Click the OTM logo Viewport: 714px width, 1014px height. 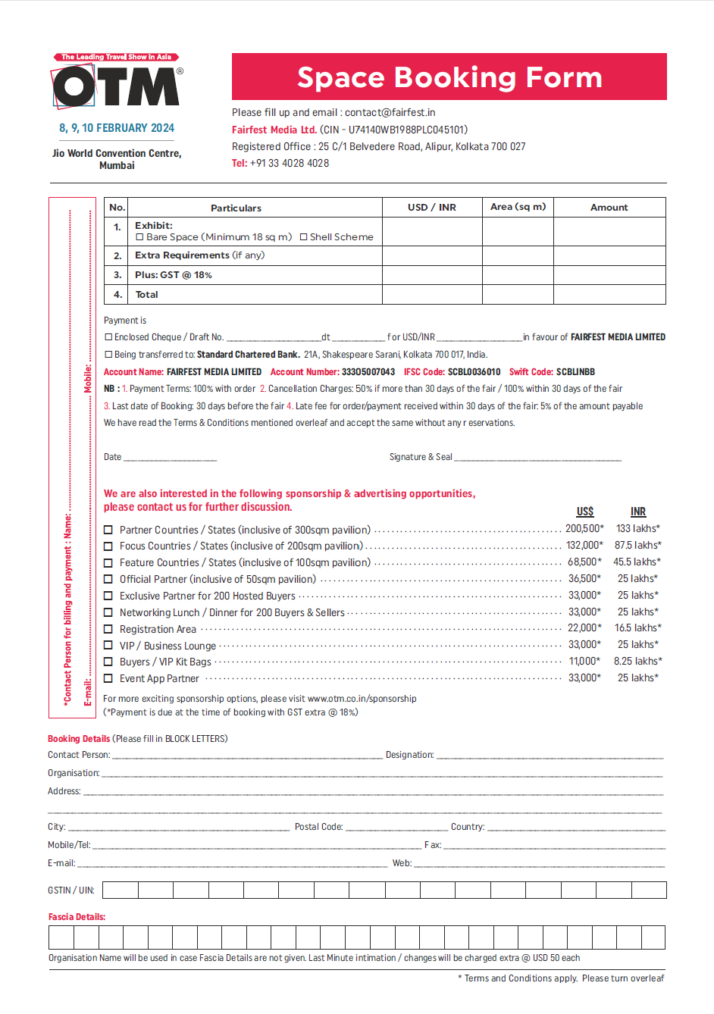coord(117,84)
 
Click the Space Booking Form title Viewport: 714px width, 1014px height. coord(449,77)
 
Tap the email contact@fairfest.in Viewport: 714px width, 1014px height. coord(390,112)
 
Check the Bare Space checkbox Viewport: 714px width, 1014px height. coord(139,237)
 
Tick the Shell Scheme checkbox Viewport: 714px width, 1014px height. coord(303,237)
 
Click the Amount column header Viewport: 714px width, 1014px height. coord(609,208)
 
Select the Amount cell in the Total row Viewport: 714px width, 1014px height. coord(609,295)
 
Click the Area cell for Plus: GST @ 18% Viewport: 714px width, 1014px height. coord(518,275)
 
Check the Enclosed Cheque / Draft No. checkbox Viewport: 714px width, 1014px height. coord(108,337)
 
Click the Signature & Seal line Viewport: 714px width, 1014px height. coord(537,458)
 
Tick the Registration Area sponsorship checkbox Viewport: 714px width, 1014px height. coord(108,629)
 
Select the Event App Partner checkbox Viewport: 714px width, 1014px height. coord(108,679)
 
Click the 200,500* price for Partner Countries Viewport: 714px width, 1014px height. coord(584,529)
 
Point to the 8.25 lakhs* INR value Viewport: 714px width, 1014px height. coord(637,662)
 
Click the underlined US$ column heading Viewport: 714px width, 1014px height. coord(584,512)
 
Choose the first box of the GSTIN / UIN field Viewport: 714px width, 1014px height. coord(121,890)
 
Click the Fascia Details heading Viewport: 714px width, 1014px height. coord(77,917)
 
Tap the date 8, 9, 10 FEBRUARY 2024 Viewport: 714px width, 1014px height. coord(117,128)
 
